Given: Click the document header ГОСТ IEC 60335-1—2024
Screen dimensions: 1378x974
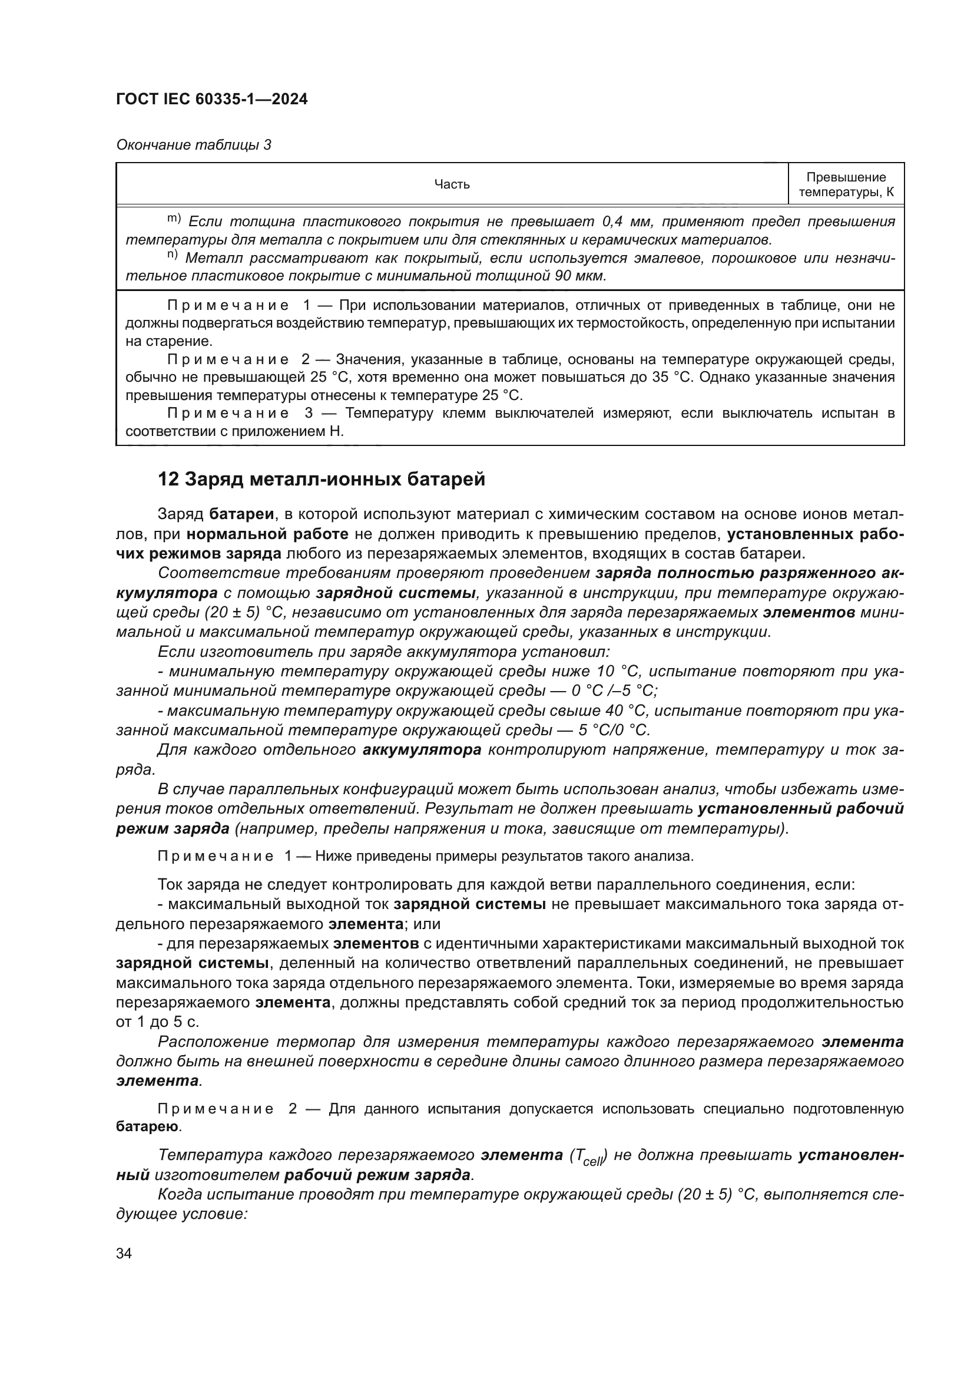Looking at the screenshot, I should [212, 100].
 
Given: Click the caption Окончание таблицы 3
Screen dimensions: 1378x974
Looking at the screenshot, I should [193, 146].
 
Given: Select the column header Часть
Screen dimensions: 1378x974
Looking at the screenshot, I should [452, 184].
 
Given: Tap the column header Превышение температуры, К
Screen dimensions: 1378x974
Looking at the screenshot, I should [846, 185].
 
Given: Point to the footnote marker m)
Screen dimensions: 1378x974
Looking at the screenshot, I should [173, 219].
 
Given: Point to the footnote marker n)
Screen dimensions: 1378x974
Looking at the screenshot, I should [173, 256].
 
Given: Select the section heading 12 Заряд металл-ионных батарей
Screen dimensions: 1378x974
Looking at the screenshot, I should [321, 480].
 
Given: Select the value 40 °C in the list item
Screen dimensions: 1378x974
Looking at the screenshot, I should [625, 711].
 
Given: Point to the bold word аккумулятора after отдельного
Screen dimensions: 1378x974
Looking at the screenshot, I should [422, 750].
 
